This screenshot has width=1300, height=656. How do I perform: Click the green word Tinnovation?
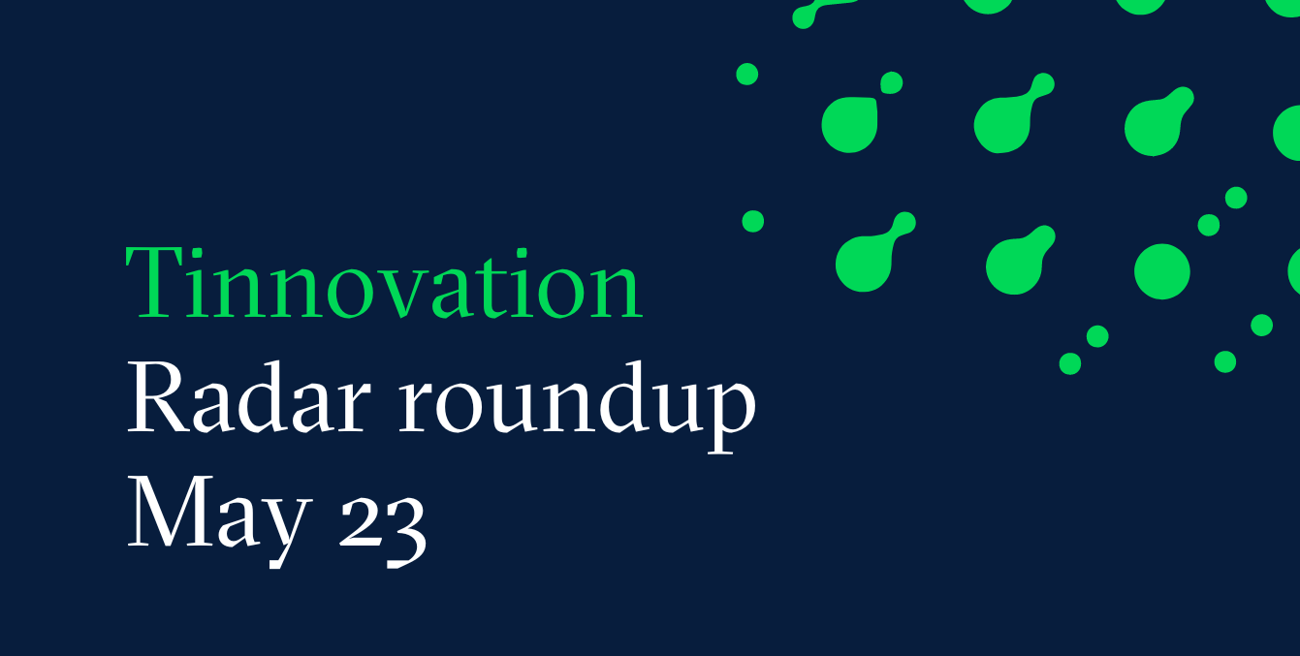(384, 283)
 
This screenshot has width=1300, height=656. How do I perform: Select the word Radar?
(249, 397)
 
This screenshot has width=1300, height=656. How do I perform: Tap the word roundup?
(578, 405)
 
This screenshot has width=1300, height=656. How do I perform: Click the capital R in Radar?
(158, 397)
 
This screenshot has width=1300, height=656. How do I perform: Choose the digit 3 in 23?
(407, 531)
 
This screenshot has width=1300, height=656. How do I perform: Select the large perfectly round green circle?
(1162, 271)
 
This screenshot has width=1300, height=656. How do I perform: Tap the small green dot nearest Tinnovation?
(752, 222)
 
